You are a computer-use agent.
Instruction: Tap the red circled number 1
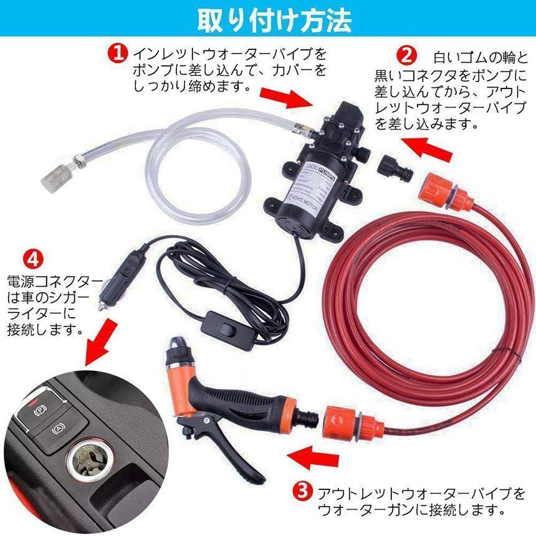[118, 52]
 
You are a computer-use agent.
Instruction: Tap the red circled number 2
[406, 55]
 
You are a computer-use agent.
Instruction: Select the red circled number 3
[302, 493]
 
